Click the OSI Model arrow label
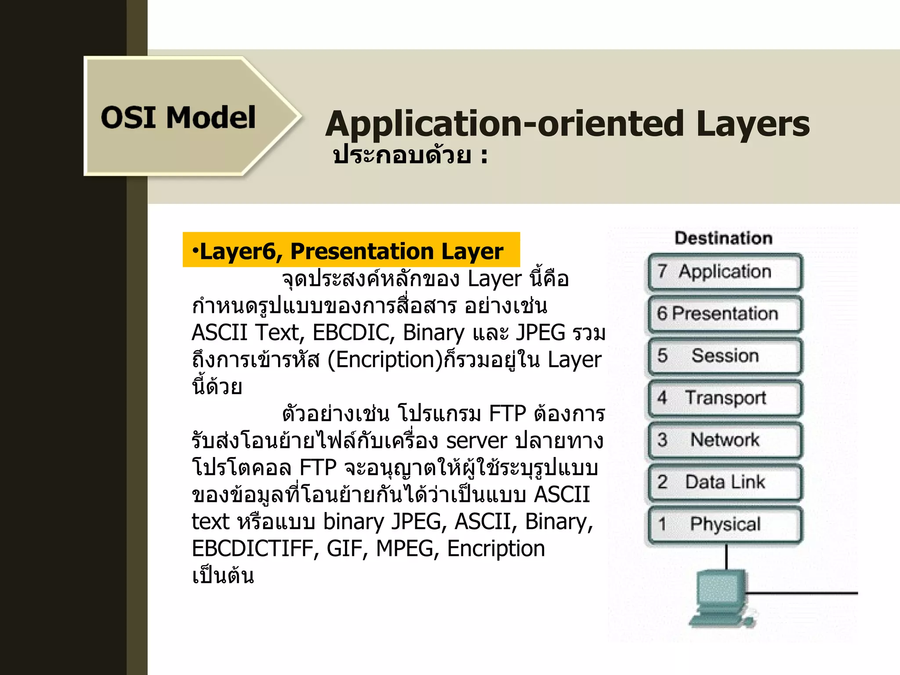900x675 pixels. coord(178,118)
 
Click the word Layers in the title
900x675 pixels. coord(752,124)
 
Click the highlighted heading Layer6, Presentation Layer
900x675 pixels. coord(351,251)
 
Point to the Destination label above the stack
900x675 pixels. coord(723,238)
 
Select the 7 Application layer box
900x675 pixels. coord(725,272)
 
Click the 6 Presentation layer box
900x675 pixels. coord(725,314)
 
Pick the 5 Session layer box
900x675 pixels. coord(725,356)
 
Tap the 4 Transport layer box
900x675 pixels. coord(725,398)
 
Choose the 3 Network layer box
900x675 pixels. coord(725,440)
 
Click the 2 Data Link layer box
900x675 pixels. coord(725,483)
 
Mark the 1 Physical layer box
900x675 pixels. coord(725,524)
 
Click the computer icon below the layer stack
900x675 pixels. coord(721,598)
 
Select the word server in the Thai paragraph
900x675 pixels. coord(476,441)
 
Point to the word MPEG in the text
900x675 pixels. coord(404,549)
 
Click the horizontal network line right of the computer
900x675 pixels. coord(804,593)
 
